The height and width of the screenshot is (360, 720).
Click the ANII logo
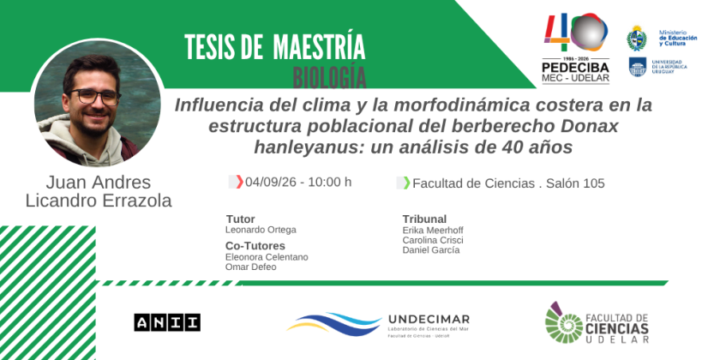(x=167, y=322)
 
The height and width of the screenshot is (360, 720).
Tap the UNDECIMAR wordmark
(x=429, y=319)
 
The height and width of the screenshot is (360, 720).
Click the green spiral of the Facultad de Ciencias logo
(x=563, y=323)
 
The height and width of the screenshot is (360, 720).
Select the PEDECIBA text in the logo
(x=575, y=68)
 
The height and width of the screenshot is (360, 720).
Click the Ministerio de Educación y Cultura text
(x=678, y=38)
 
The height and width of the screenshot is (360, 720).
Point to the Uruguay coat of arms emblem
(x=637, y=38)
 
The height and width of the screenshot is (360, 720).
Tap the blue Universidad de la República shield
(x=638, y=67)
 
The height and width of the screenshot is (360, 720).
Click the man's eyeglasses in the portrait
(x=95, y=96)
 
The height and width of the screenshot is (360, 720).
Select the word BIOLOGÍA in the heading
(x=329, y=78)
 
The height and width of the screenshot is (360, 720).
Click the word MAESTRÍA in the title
(x=319, y=47)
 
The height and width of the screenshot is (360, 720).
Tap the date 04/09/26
(x=271, y=183)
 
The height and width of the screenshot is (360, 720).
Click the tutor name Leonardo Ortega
(x=261, y=230)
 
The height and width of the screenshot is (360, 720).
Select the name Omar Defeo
(x=250, y=267)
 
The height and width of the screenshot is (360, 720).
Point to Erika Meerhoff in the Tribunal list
(x=433, y=231)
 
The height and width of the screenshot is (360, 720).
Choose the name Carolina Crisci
(x=433, y=240)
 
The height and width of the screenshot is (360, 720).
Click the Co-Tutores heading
(x=255, y=246)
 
